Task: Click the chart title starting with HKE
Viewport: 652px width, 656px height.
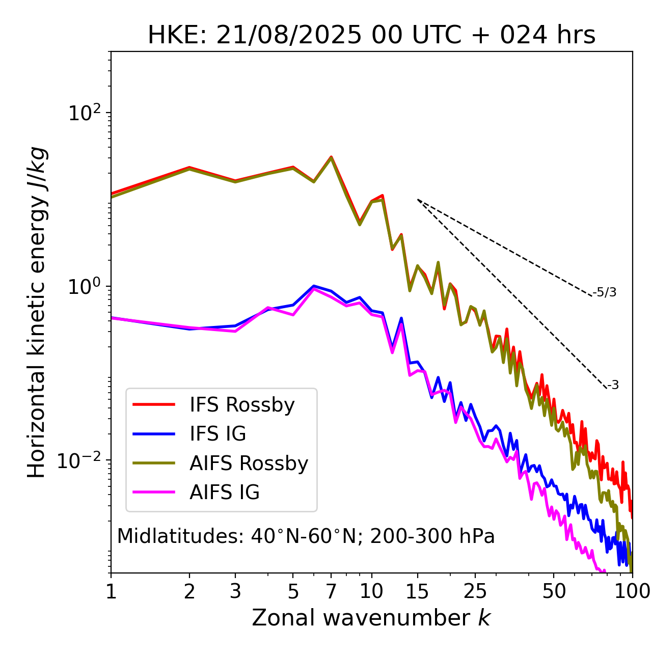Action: point(371,36)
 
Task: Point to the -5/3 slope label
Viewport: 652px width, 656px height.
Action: point(605,292)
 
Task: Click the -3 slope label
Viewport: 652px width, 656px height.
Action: point(613,385)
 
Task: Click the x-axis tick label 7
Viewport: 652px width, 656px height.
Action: point(331,591)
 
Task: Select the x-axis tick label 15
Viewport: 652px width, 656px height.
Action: point(417,591)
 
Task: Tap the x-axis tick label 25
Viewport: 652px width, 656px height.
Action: point(475,591)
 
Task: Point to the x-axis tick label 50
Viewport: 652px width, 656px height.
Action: point(554,591)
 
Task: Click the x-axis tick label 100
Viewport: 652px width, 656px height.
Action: point(632,591)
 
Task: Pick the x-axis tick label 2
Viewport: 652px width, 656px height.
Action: point(189,591)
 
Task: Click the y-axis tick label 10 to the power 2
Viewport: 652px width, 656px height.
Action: point(87,113)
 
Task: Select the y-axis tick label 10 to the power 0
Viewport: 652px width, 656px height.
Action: point(87,286)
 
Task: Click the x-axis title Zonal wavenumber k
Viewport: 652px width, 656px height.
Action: point(371,618)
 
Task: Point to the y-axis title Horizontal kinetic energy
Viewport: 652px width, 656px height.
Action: point(37,312)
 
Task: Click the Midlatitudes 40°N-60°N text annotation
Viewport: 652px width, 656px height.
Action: point(306,536)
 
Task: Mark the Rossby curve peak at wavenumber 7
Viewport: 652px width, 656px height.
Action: point(331,157)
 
